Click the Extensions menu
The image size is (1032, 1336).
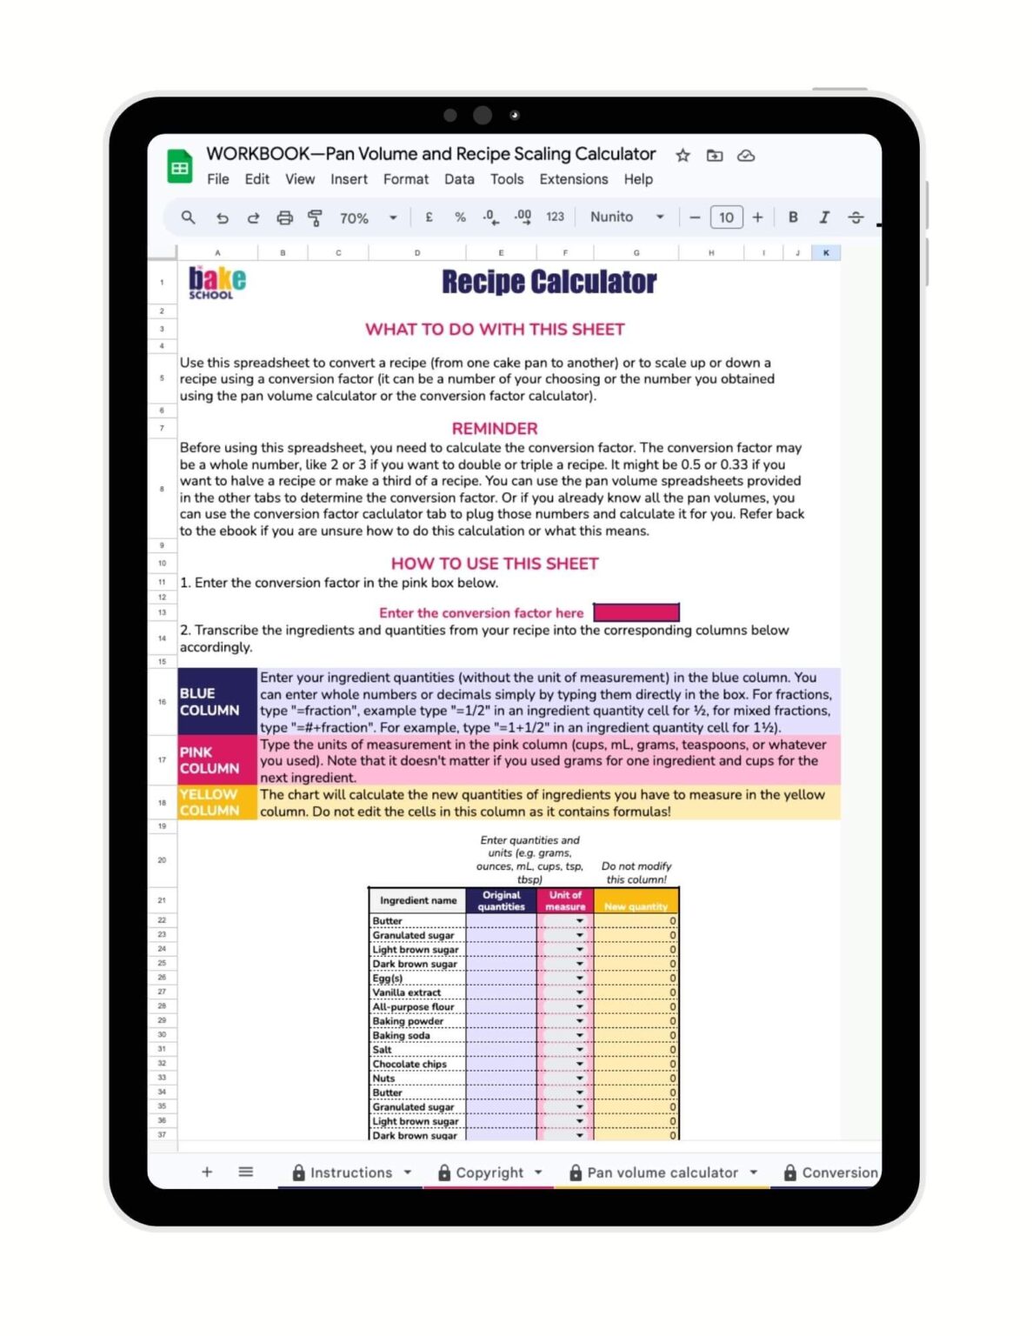(x=573, y=179)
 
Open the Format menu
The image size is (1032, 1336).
(x=405, y=179)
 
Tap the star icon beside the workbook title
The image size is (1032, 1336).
(x=682, y=156)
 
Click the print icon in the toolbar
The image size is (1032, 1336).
(x=284, y=217)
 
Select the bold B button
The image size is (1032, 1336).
(x=793, y=217)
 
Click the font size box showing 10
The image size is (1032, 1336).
(x=726, y=217)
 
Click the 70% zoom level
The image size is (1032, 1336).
(x=354, y=218)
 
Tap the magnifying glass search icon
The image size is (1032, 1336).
(x=188, y=217)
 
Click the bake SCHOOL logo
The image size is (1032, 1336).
(x=217, y=282)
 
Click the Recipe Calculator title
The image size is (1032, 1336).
(x=549, y=282)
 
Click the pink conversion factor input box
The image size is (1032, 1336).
(x=636, y=612)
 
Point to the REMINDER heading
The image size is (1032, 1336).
(x=494, y=429)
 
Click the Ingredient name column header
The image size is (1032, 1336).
(x=417, y=900)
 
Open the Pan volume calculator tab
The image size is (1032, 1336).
(x=662, y=1172)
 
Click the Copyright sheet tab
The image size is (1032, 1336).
(x=489, y=1172)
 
